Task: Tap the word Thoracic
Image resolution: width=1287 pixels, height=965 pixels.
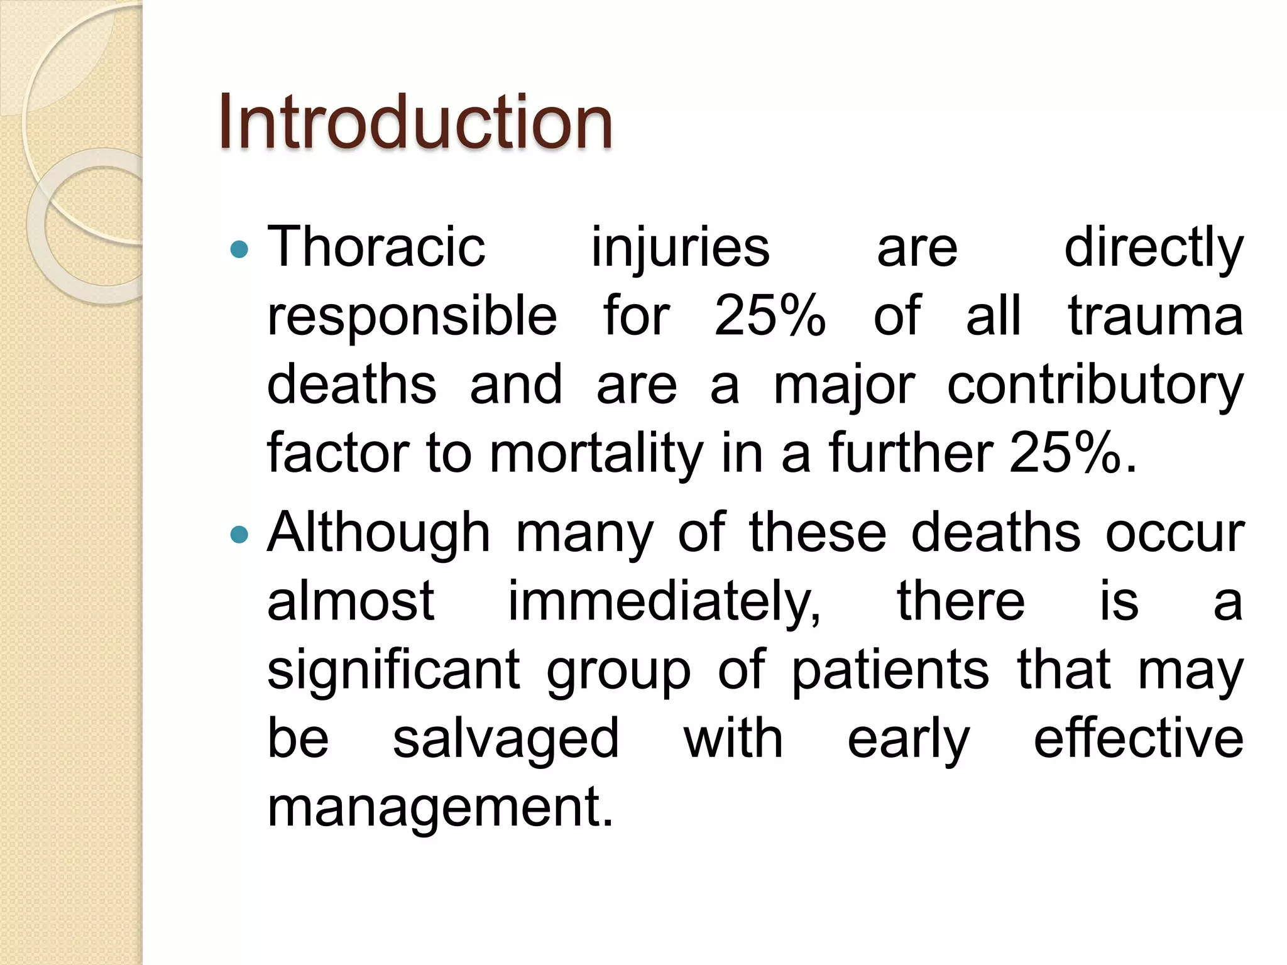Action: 376,247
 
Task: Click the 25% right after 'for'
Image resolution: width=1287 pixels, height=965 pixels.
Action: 769,315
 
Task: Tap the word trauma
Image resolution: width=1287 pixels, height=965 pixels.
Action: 1155,315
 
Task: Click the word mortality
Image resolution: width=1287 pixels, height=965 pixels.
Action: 596,454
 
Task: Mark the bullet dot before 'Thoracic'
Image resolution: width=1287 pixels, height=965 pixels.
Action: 239,251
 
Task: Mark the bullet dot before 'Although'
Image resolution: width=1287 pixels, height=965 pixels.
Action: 239,535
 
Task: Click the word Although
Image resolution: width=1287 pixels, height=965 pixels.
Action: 378,533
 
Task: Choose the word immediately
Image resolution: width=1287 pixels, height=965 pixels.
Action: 664,602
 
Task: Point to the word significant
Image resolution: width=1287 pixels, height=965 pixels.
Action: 394,671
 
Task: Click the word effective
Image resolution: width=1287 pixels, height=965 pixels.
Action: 1138,739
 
